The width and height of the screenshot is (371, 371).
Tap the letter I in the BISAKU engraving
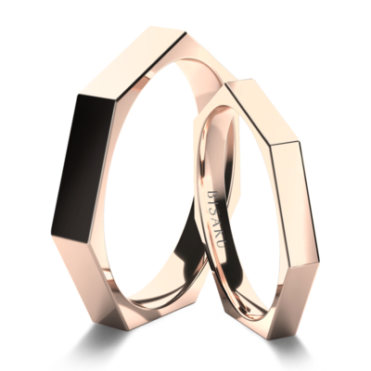214,203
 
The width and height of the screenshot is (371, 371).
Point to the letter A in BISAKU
217,221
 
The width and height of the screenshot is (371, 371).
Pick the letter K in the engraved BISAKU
220,232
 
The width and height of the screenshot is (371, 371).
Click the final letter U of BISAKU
222,243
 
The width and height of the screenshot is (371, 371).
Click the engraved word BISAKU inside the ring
217,219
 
